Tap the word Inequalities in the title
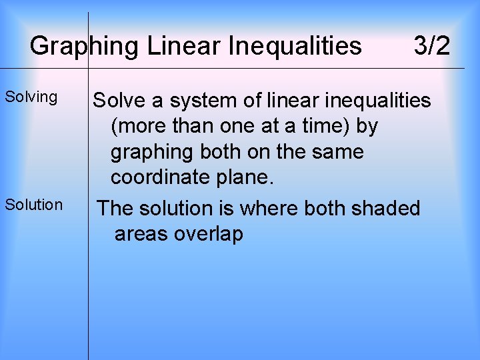pyautogui.click(x=295, y=47)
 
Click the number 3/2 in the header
pyautogui.click(x=431, y=47)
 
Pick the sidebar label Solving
pyautogui.click(x=31, y=97)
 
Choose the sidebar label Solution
pyautogui.click(x=34, y=205)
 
